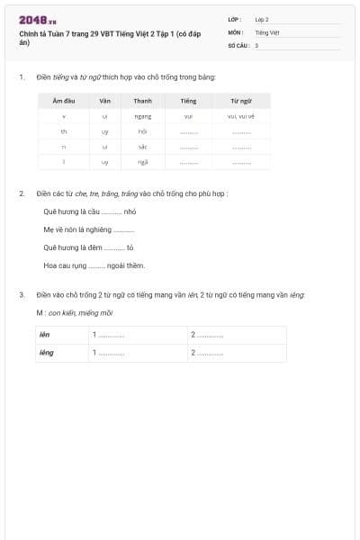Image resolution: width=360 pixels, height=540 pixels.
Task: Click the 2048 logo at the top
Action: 38,20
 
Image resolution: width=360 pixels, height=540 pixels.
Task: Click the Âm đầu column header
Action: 63,102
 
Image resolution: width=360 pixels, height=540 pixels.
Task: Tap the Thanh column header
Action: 142,102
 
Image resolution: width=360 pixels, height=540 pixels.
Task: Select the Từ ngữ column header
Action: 241,102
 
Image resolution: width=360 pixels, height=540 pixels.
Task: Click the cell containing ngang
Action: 142,116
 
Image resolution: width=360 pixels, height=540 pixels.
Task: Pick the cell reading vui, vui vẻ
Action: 241,116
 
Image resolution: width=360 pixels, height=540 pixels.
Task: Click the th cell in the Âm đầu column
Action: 63,131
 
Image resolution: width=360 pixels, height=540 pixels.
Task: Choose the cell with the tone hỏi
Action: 142,131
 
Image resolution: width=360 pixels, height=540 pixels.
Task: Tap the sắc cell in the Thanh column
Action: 142,147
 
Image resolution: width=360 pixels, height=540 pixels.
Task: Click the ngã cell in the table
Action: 142,162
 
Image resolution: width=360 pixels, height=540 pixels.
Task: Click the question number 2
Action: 22,193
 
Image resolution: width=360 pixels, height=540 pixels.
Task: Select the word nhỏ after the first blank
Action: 130,211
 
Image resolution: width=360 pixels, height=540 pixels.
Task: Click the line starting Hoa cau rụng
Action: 94,265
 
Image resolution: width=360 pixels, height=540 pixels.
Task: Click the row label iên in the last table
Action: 44,335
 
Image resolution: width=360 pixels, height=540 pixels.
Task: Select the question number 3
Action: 22,294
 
